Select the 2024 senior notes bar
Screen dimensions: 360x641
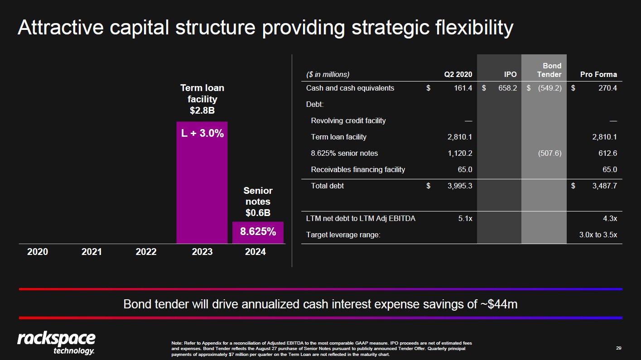pyautogui.click(x=258, y=232)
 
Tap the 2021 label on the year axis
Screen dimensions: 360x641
pyautogui.click(x=92, y=252)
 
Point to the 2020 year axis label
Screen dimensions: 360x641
pyautogui.click(x=38, y=252)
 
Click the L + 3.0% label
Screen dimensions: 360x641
pyautogui.click(x=202, y=134)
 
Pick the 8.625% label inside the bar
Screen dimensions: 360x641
pyautogui.click(x=258, y=232)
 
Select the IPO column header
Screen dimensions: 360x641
pyautogui.click(x=510, y=74)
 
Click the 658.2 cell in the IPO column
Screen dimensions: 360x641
pyautogui.click(x=507, y=88)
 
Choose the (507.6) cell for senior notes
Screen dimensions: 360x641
pyautogui.click(x=549, y=154)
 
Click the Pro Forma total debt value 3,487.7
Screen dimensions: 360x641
pyautogui.click(x=604, y=186)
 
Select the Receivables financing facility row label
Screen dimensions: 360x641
pyautogui.click(x=358, y=170)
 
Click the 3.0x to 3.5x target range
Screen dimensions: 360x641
pyautogui.click(x=598, y=235)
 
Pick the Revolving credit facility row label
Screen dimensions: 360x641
pyautogui.click(x=348, y=121)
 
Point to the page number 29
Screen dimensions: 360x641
pyautogui.click(x=618, y=348)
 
